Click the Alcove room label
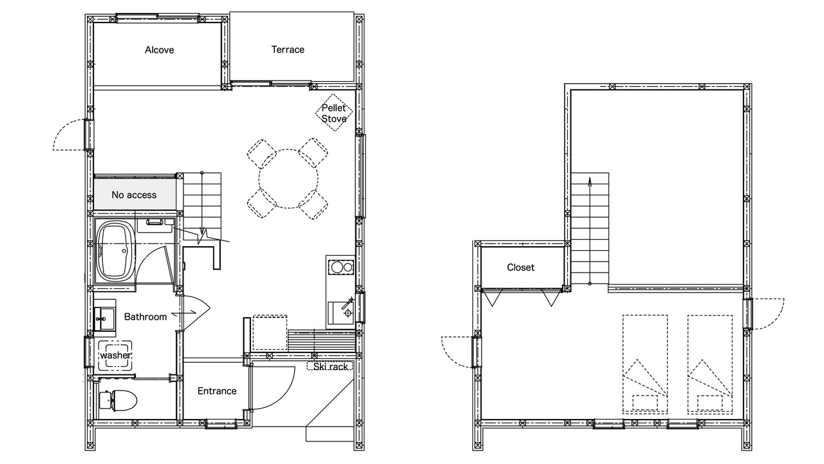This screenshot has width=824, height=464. pos(159,50)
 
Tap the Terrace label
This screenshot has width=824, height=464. pos(288,50)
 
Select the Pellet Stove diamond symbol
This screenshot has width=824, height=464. pos(334,112)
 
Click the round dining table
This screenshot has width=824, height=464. pos(288,179)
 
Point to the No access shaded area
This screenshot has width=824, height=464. pos(135,194)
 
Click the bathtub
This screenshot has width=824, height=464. pos(116,251)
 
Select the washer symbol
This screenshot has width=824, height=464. pos(115,354)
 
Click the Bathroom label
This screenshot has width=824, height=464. pos(145,316)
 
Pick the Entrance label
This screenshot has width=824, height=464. pos(217,391)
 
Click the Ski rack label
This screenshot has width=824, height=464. pos(330,367)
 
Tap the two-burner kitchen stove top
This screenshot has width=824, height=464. pos(341,267)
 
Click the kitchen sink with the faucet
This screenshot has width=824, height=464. pos(341,313)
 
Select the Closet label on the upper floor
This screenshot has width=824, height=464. pos(521,267)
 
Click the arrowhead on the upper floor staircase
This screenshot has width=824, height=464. pos(590,181)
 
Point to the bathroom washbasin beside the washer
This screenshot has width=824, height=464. pos(105,319)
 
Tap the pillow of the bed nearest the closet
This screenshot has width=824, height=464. pos(645,403)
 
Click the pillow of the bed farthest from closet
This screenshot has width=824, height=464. pos(710,403)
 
